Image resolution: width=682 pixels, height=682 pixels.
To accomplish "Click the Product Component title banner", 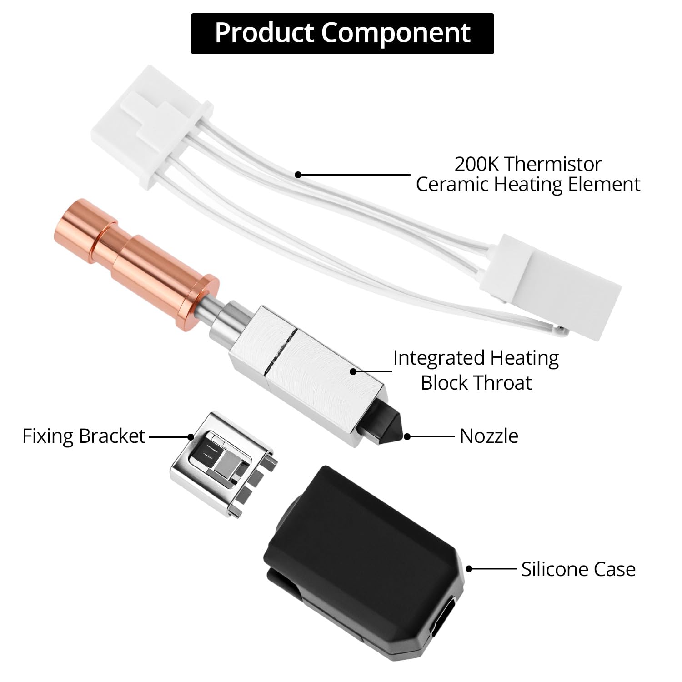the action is pyautogui.click(x=342, y=34).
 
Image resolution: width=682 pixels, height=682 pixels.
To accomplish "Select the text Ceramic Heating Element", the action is pyautogui.click(x=528, y=185).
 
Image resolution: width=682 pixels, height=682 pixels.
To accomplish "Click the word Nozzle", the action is pyautogui.click(x=489, y=436).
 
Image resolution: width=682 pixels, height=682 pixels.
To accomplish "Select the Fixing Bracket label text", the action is pyautogui.click(x=84, y=436).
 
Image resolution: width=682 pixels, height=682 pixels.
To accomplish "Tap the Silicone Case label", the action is pyautogui.click(x=578, y=569).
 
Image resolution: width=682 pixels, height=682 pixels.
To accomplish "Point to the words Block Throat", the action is pyautogui.click(x=476, y=383).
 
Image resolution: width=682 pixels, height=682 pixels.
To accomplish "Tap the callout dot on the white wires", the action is pyautogui.click(x=298, y=174).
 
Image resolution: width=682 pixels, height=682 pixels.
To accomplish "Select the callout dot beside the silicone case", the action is pyautogui.click(x=469, y=569).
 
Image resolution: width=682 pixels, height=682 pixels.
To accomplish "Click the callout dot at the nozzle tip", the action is pyautogui.click(x=407, y=436).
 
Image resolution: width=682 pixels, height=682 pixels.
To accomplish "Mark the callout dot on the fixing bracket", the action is pyautogui.click(x=191, y=436).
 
